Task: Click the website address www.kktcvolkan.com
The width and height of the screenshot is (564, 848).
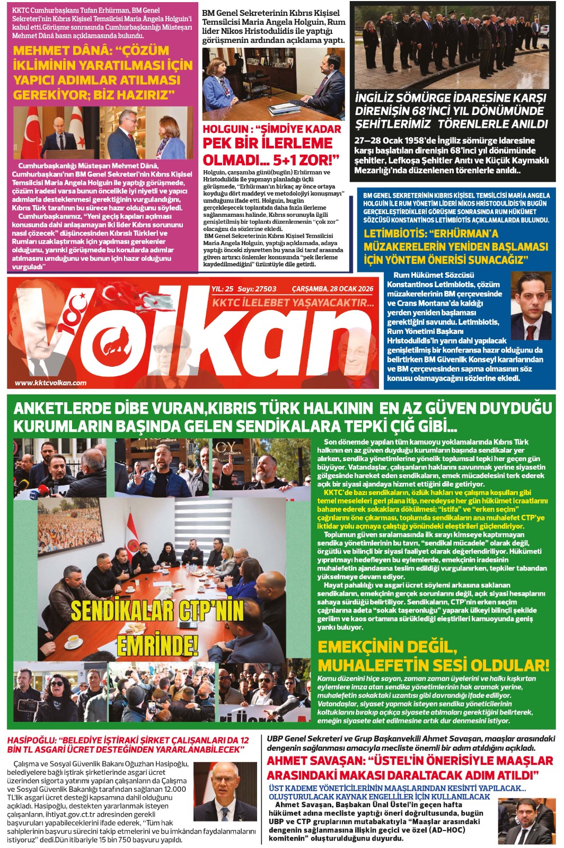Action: coord(51,383)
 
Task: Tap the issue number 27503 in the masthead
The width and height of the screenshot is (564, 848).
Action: coord(265,289)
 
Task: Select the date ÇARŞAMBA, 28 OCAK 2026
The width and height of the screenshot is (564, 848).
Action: coord(333,289)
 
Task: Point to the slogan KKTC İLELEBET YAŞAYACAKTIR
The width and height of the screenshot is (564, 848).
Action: coord(293,303)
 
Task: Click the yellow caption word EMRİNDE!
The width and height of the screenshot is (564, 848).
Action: coord(157,645)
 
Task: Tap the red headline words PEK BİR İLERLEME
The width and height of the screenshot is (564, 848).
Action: coord(268,143)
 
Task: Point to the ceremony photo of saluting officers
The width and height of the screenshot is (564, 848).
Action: coord(455,47)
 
